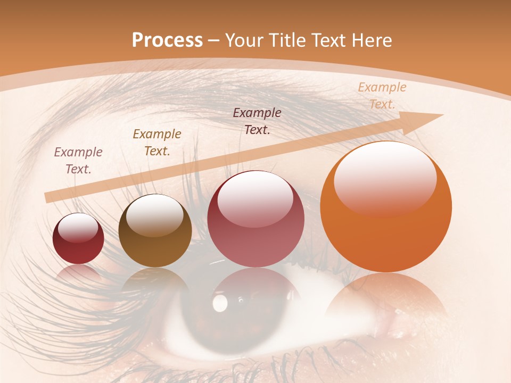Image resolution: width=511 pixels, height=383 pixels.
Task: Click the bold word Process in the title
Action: click(167, 40)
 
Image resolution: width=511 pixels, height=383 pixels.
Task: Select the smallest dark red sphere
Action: click(78, 238)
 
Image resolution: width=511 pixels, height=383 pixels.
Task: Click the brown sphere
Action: click(155, 230)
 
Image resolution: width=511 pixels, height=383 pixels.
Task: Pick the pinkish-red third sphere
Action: click(256, 219)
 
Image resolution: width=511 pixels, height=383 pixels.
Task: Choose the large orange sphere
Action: click(386, 207)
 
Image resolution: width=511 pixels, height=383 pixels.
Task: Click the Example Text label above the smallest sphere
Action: click(78, 161)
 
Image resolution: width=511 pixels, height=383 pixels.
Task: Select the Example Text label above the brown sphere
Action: click(157, 143)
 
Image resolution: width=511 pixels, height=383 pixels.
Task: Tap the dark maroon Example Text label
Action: click(257, 121)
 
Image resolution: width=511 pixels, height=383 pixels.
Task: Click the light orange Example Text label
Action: click(382, 96)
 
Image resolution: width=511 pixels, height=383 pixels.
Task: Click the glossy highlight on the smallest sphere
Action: click(78, 228)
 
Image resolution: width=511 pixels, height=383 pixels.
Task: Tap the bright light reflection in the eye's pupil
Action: click(220, 303)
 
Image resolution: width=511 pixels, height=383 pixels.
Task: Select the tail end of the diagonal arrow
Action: click(49, 197)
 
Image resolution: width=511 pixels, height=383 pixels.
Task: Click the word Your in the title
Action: click(243, 40)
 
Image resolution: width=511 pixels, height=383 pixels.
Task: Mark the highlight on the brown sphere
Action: click(154, 214)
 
